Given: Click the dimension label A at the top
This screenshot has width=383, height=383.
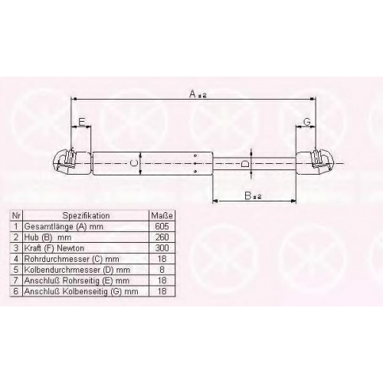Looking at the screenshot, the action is tap(192, 94).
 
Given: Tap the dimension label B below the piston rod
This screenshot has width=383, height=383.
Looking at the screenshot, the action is tap(248, 195).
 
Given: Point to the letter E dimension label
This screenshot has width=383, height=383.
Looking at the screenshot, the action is tap(81, 122).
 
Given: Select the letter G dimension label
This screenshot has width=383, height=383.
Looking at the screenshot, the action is tap(307, 122).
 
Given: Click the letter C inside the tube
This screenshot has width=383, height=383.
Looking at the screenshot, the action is tap(134, 163).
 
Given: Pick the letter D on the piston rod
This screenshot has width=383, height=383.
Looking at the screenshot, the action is tap(245, 163).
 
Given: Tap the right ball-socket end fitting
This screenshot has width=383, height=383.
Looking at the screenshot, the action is tap(315, 163).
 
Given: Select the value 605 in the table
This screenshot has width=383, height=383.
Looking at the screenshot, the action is tap(162, 226).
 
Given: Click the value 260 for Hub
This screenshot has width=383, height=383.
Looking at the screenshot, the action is tap(162, 237).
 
